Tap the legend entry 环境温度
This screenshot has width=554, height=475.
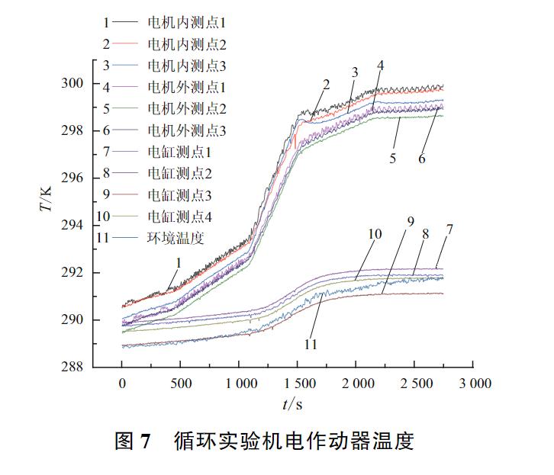176,238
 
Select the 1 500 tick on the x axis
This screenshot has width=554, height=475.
298,384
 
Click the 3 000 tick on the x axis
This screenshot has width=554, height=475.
475,384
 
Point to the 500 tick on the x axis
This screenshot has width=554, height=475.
180,384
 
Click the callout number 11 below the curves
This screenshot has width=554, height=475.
311,344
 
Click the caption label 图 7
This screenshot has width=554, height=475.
134,441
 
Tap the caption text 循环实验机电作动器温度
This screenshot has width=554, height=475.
293,441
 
